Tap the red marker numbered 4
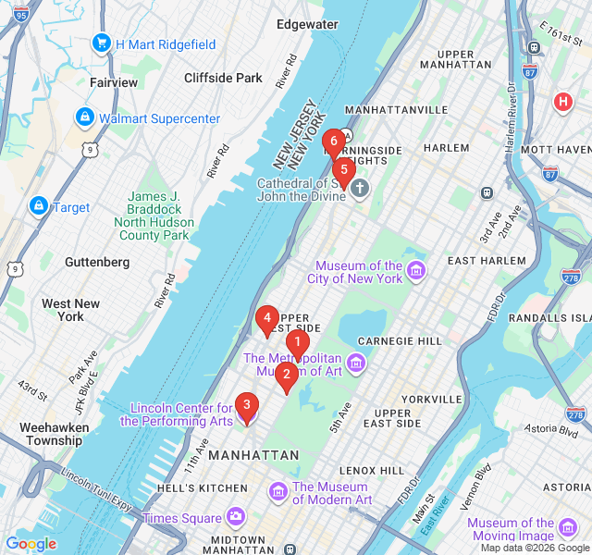(x=267, y=320)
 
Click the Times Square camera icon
(x=236, y=516)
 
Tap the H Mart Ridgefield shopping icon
(x=101, y=43)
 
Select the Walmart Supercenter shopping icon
(x=85, y=117)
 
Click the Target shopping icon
(x=39, y=206)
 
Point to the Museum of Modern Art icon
(x=277, y=490)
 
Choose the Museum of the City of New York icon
(x=416, y=270)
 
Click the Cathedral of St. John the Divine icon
(x=360, y=189)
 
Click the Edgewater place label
(x=307, y=24)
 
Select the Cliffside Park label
(x=223, y=78)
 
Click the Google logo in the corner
(x=31, y=544)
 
